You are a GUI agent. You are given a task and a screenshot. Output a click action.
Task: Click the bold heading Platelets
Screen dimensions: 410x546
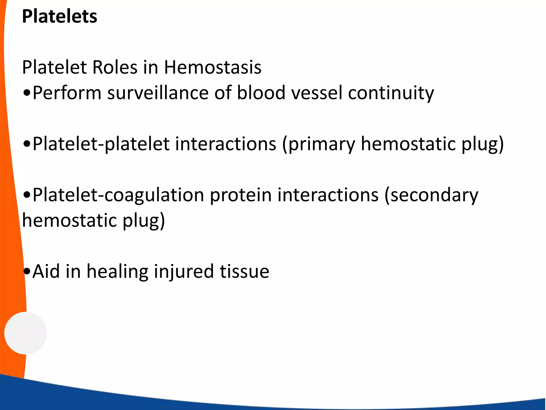click(x=59, y=17)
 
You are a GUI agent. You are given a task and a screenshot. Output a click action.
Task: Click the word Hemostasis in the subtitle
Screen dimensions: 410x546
click(x=212, y=67)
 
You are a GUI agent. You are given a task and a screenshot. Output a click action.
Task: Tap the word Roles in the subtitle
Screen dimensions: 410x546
click(x=115, y=67)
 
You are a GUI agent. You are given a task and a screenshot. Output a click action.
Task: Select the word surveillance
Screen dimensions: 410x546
click(x=158, y=93)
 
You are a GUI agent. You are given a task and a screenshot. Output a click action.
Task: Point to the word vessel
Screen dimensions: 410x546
click(x=317, y=93)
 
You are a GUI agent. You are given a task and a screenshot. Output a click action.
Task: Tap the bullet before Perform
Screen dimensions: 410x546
click(x=27, y=93)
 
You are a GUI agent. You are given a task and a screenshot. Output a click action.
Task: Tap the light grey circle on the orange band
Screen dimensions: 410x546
click(x=26, y=333)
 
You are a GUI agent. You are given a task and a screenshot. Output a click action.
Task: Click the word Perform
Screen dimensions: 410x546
click(x=67, y=93)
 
